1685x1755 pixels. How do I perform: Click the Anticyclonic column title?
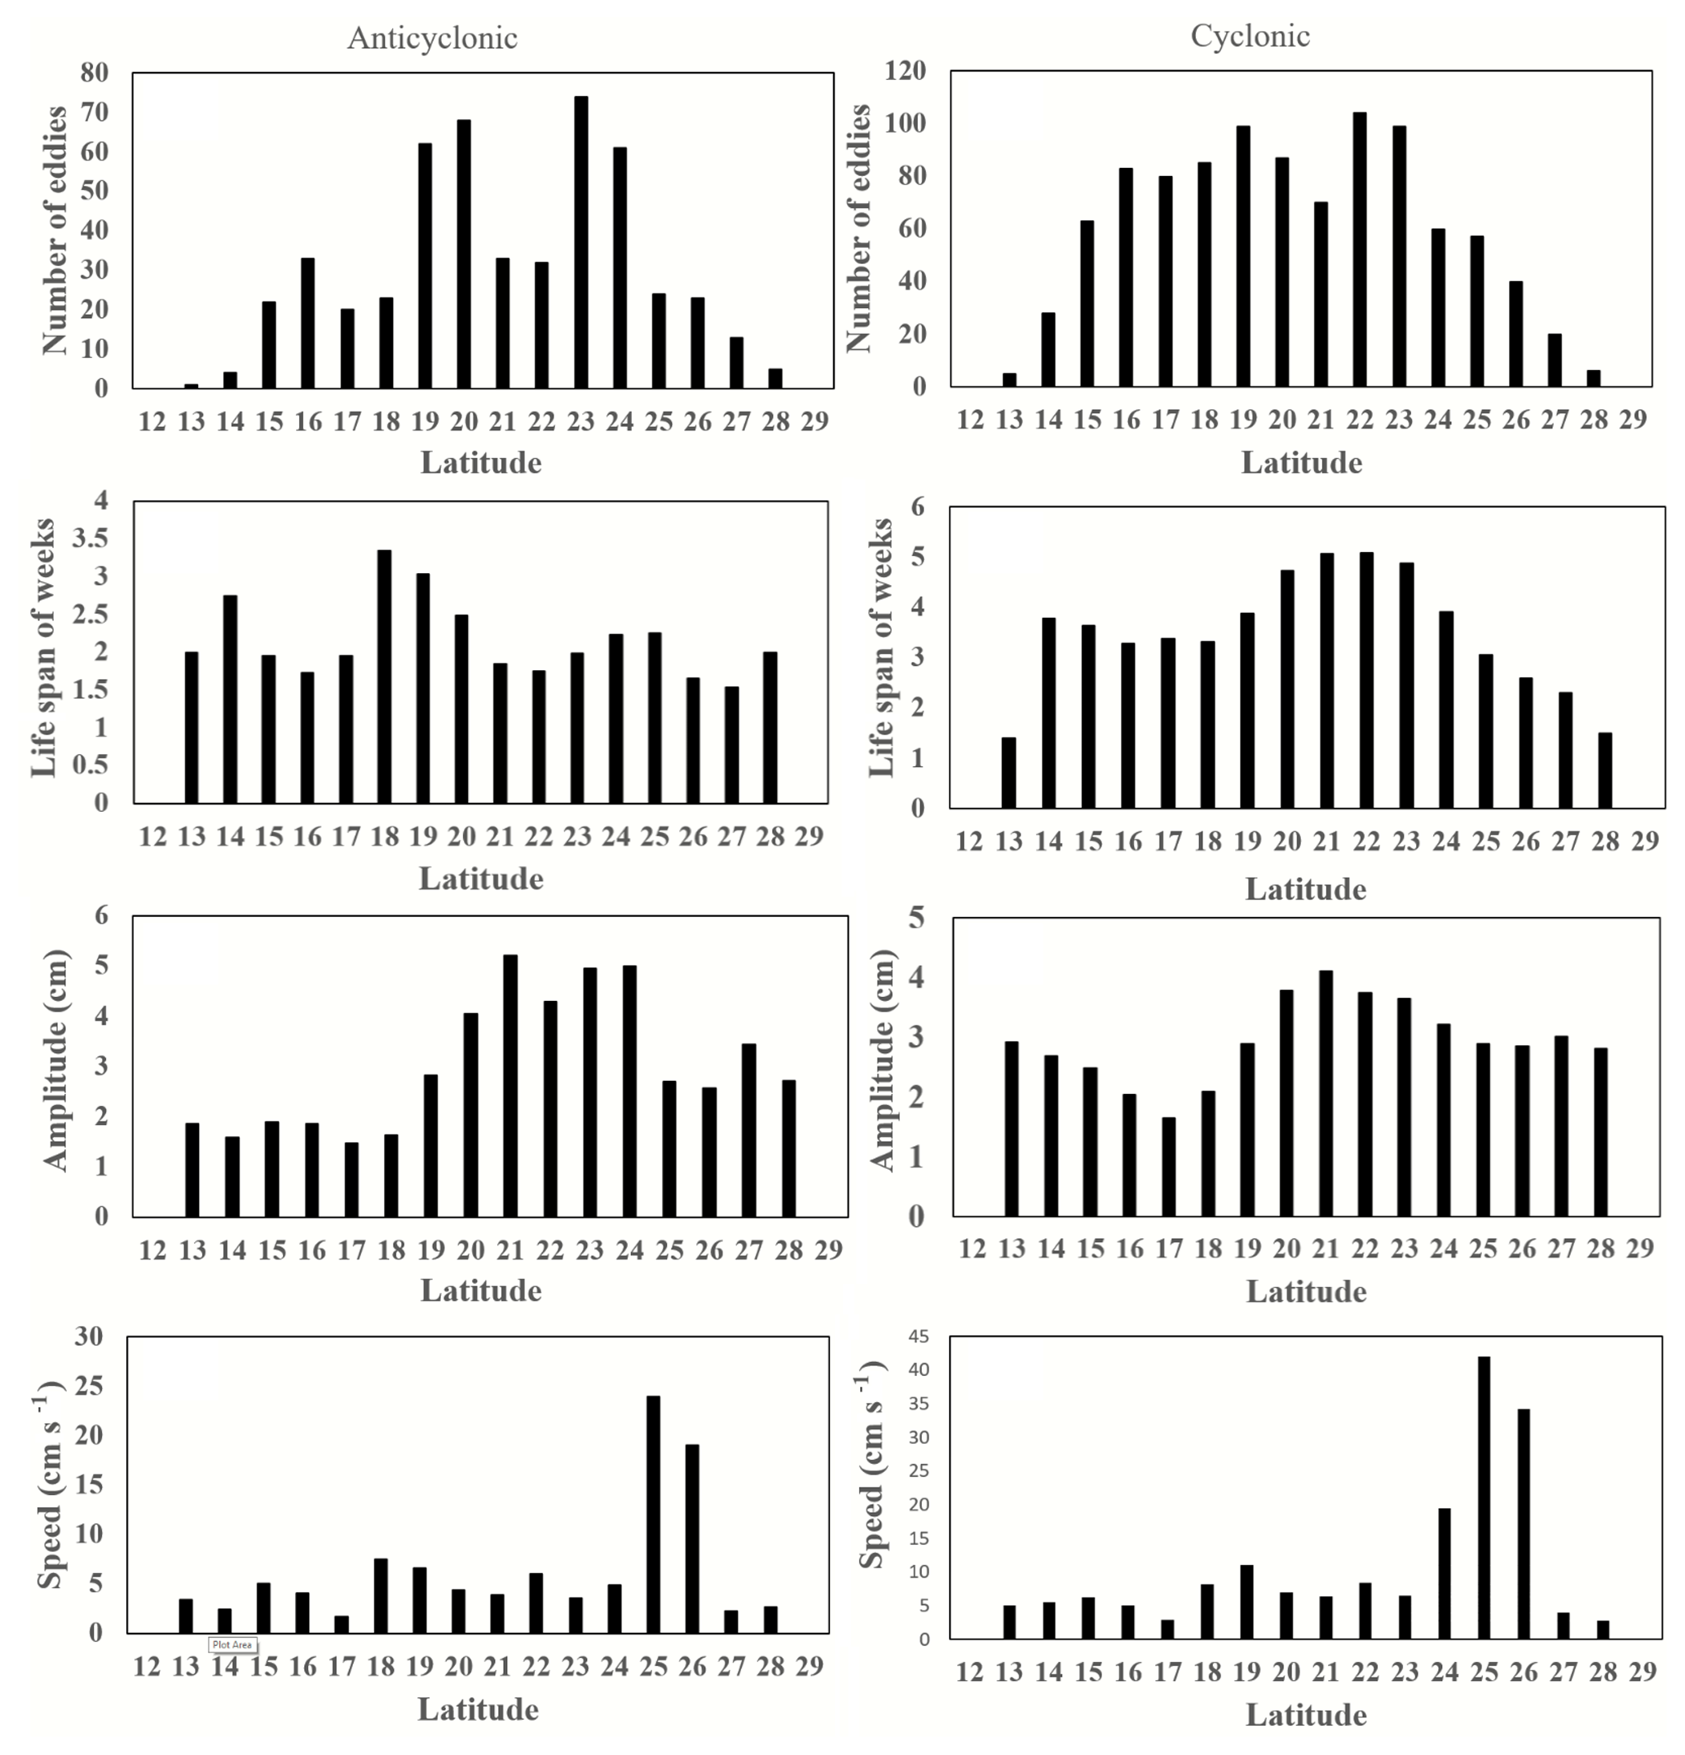pos(431,37)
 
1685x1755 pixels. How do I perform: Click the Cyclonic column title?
pos(1250,36)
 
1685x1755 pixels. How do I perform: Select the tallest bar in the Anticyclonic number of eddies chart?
pos(581,242)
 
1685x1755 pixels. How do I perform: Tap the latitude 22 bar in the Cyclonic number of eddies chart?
pos(1359,249)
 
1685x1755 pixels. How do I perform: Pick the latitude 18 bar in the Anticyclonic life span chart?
pos(384,676)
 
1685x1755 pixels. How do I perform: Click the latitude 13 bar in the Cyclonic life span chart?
pos(1009,773)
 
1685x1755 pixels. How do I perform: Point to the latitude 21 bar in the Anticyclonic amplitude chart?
pos(510,1085)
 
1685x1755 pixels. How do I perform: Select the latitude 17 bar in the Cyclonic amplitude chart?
pos(1168,1166)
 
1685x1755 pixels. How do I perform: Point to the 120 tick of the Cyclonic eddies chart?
pos(905,71)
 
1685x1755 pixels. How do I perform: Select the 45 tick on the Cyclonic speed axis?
pos(919,1337)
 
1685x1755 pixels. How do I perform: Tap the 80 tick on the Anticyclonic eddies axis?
pos(94,73)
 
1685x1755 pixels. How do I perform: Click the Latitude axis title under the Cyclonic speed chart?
pos(1305,1716)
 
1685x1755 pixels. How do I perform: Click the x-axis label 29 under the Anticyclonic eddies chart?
pos(814,421)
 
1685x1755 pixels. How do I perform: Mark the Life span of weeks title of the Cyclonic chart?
pos(882,647)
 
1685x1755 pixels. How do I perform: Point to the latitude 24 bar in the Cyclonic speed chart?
pos(1445,1575)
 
